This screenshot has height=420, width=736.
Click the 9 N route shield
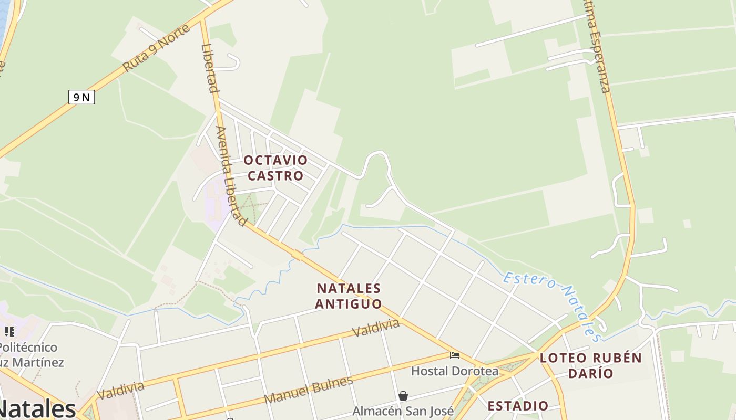tap(81, 97)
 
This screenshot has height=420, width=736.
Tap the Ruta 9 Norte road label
tap(156, 48)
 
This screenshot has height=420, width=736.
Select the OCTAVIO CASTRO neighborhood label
tap(275, 168)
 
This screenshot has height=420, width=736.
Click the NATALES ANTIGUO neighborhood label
tap(349, 296)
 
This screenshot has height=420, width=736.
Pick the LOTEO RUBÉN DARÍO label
tap(591, 365)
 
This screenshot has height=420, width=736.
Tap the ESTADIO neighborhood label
tap(518, 406)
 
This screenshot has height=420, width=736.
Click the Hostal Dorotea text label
tap(454, 371)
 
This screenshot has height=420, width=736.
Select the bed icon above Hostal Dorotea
tap(455, 356)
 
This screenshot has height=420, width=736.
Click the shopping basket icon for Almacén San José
tap(403, 396)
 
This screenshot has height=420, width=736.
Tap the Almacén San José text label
tap(403, 411)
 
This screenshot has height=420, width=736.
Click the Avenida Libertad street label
tap(231, 176)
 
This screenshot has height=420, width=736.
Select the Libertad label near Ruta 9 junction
tap(209, 68)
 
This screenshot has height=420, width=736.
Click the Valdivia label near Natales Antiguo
tap(376, 328)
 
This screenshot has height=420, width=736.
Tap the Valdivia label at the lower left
tap(120, 390)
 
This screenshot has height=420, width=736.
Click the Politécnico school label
tap(29, 348)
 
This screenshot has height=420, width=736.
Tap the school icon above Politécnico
tap(9, 332)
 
